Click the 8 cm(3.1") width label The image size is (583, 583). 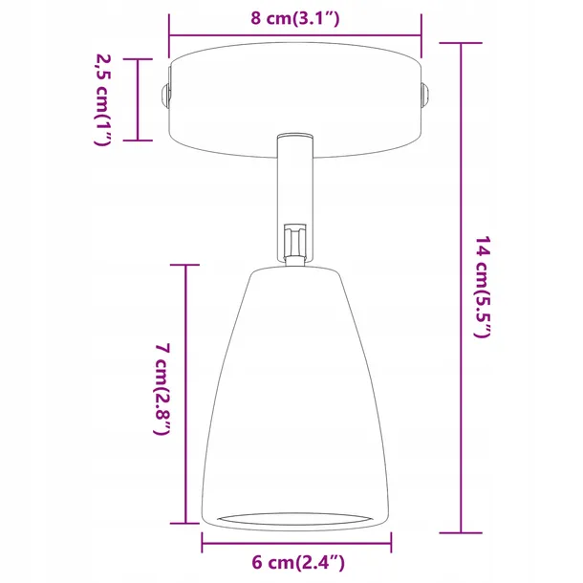294,18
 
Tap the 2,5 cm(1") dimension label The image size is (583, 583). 103,98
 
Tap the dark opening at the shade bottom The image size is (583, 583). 296,517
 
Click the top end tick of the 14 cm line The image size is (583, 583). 462,44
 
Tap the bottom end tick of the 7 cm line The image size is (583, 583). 184,523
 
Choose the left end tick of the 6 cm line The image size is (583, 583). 203,545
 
